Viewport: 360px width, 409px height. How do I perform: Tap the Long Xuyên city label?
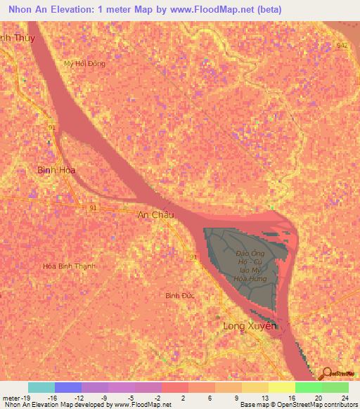(250, 327)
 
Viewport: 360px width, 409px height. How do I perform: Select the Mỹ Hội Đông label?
(84, 63)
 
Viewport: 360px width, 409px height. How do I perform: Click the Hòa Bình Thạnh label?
(69, 266)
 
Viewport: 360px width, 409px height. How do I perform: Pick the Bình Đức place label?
(179, 295)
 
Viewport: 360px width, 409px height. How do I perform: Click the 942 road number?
(342, 45)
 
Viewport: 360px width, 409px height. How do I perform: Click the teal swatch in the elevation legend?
(41, 387)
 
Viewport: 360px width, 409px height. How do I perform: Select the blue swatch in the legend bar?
(68, 387)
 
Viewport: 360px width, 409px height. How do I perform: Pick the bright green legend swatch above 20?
(308, 387)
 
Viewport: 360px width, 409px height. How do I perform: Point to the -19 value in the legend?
(22, 397)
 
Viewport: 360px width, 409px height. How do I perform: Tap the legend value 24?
(344, 397)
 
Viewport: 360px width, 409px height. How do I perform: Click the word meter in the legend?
(9, 397)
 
